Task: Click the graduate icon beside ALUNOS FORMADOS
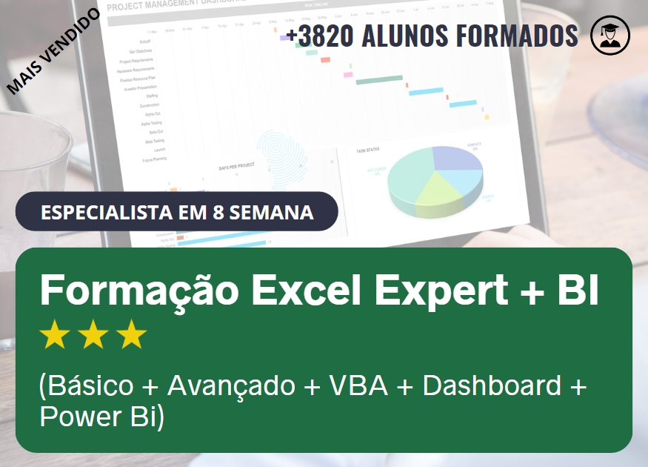pos(609,36)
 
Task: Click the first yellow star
pos(55,335)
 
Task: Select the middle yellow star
pos(93,335)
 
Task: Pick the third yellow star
pos(132,335)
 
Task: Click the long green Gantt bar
pos(378,79)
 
